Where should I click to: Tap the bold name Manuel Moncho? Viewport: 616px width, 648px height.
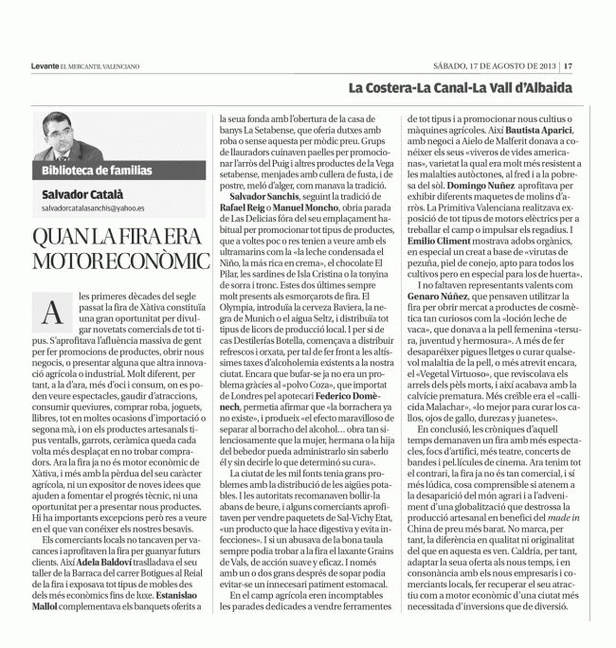(311, 206)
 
